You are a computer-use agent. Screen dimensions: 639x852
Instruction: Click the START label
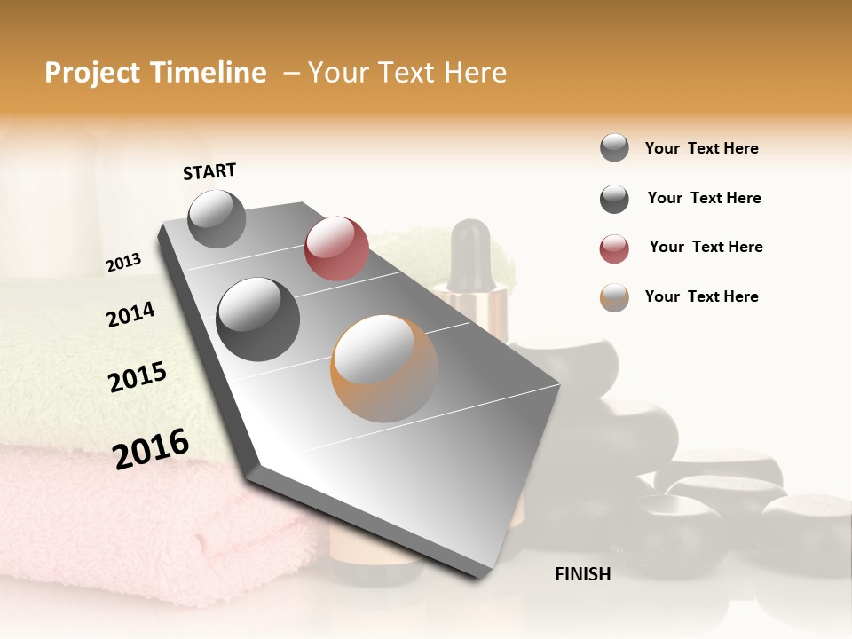tap(209, 171)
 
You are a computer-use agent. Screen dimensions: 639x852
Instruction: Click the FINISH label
tap(582, 574)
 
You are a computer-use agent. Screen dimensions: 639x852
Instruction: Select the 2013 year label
tap(123, 263)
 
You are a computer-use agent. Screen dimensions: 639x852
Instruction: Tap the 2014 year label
tap(130, 314)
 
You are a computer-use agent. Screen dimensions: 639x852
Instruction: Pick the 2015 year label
tap(138, 377)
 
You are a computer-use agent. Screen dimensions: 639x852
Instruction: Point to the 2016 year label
tap(151, 449)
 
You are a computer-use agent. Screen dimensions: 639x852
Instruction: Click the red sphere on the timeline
tap(336, 248)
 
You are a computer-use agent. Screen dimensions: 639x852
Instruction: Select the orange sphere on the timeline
tap(384, 368)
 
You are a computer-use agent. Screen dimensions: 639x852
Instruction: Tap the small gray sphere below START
tap(217, 219)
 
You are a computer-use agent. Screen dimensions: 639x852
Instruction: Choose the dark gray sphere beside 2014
tap(258, 319)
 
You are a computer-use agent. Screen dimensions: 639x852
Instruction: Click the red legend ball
tap(614, 248)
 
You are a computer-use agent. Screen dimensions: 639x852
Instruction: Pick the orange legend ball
tap(614, 298)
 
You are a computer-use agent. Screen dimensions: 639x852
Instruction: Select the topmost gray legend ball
tap(614, 147)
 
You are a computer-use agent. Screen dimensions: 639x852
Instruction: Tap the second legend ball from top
tap(614, 199)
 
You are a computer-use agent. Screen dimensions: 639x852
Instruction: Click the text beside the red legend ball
tap(706, 247)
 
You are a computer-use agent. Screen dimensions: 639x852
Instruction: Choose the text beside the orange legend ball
tap(701, 296)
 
